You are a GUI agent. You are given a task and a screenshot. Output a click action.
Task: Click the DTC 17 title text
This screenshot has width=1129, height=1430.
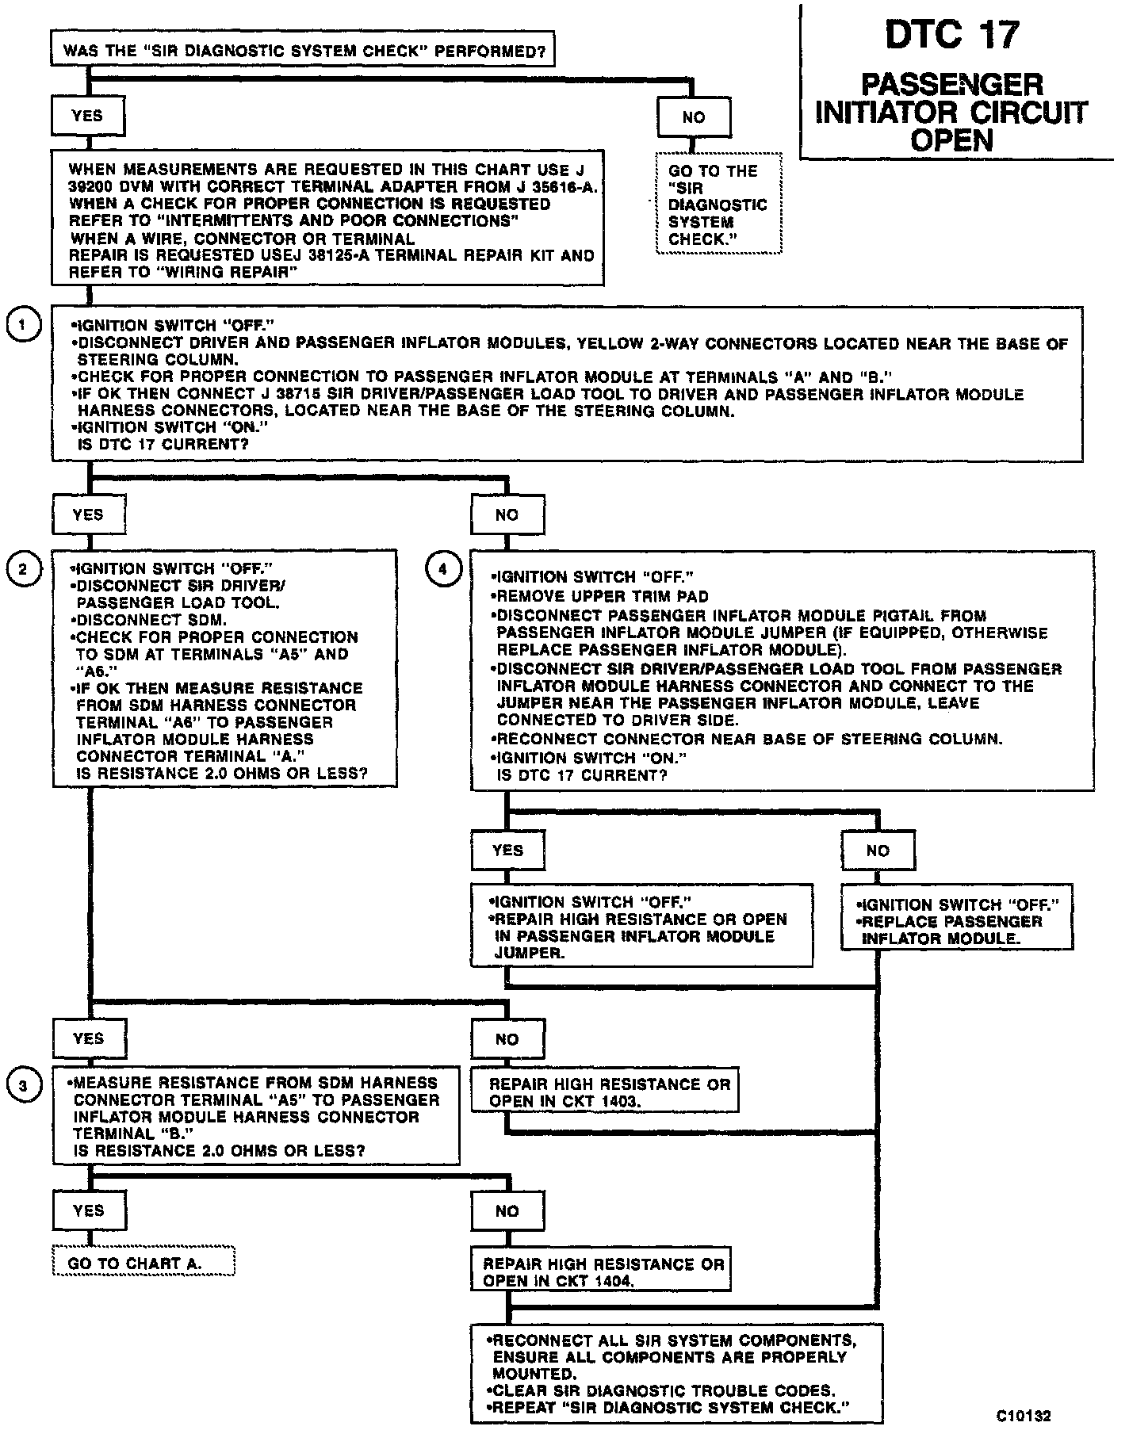point(951,36)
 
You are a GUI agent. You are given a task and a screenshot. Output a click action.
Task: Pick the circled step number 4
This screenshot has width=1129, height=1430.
point(442,568)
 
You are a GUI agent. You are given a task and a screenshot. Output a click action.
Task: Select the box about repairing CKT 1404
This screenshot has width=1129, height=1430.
point(600,1272)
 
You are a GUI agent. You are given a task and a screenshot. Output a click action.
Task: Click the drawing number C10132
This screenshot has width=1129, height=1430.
point(1024,1415)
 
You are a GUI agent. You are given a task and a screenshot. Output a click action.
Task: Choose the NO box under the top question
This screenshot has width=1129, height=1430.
point(694,117)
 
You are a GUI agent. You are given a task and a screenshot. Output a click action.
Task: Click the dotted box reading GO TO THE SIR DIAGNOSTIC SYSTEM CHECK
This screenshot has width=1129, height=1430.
point(718,205)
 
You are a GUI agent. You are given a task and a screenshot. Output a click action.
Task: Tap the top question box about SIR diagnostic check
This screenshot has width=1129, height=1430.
point(303,52)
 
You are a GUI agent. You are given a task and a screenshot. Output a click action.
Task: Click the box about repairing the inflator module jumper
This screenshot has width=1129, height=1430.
point(642,926)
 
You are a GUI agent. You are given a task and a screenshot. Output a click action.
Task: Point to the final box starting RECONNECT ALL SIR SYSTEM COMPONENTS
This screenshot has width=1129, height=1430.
point(676,1374)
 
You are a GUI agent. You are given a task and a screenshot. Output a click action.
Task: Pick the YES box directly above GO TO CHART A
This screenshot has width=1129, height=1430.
point(88,1210)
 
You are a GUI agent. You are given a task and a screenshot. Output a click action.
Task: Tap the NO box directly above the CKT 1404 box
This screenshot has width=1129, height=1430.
point(507,1211)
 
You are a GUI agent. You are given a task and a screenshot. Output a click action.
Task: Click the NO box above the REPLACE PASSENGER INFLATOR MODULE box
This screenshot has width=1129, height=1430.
point(878,851)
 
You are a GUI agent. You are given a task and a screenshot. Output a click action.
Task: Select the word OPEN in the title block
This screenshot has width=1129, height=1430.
point(951,141)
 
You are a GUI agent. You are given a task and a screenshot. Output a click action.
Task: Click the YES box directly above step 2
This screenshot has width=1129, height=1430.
point(88,515)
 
